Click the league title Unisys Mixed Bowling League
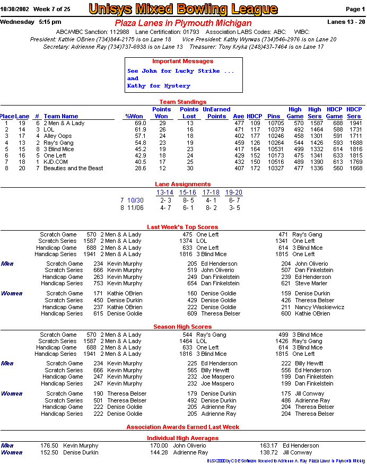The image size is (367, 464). (183, 9)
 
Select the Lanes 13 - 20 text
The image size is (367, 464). (346, 22)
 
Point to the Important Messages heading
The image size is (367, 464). (183, 62)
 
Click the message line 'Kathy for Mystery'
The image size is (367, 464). (159, 86)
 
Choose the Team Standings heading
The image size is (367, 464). (183, 102)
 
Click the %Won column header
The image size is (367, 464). (134, 116)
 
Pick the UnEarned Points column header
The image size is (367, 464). (216, 113)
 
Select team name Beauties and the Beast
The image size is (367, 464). (73, 168)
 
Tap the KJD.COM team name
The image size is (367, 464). (56, 162)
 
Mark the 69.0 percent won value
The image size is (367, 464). (140, 123)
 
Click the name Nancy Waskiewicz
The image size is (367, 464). (320, 307)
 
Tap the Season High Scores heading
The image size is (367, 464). (183, 327)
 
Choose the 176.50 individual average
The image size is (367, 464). (49, 446)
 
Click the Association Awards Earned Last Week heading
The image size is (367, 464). (183, 427)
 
